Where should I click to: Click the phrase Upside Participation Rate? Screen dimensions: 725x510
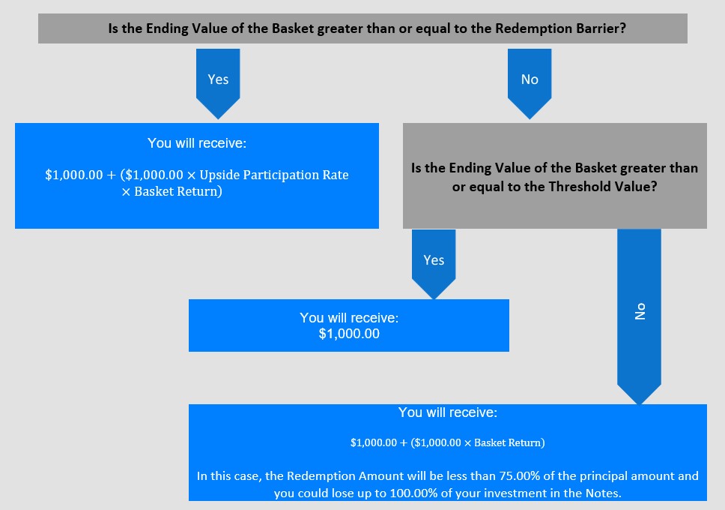point(273,175)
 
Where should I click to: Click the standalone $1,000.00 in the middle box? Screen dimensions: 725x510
point(349,334)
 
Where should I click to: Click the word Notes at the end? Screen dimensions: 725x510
point(603,493)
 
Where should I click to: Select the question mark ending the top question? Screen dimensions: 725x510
point(623,28)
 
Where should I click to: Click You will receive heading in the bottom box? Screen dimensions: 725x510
point(448,412)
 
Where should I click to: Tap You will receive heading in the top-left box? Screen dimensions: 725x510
point(197,143)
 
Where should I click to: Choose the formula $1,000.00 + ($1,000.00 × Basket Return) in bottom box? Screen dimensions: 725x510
point(448,442)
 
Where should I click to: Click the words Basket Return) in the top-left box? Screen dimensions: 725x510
point(178,192)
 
